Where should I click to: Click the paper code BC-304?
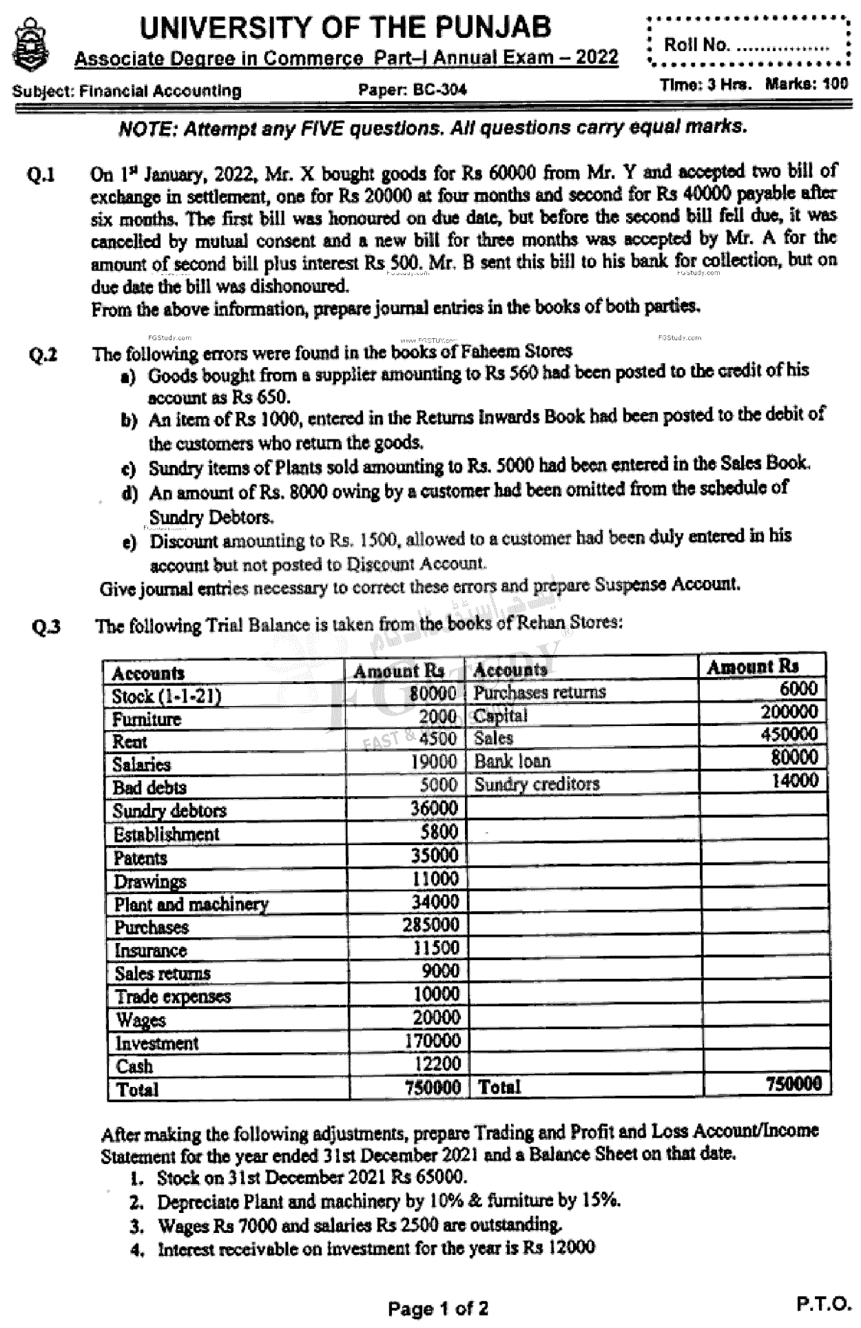(412, 90)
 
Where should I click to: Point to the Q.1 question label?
(41, 175)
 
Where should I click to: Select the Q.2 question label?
(43, 355)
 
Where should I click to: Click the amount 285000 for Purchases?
(430, 924)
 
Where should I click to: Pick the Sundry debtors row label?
(169, 811)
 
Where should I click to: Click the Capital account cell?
(500, 716)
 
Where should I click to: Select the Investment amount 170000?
(432, 1040)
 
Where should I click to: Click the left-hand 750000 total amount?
(433, 1087)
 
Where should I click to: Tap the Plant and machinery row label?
(191, 904)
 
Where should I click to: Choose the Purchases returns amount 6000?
(798, 688)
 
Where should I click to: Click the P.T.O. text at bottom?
(824, 1303)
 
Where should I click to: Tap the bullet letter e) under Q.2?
(129, 543)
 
